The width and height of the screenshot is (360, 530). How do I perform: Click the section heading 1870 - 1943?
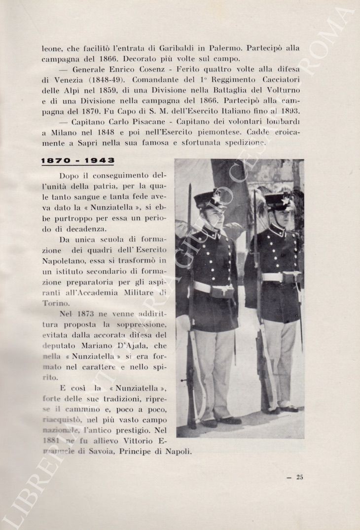(x=78, y=161)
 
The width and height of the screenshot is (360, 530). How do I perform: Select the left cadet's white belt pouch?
(x=222, y=292)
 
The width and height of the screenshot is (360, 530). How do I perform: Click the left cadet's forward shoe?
(x=229, y=421)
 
